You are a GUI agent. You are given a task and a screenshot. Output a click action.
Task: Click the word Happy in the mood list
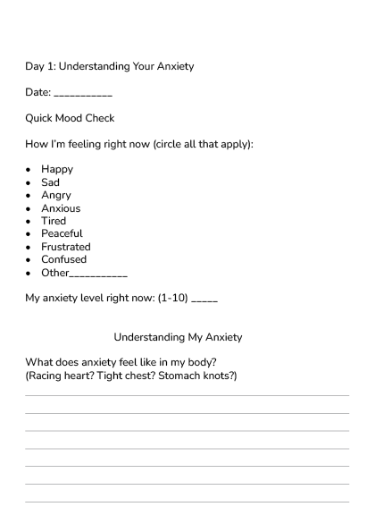click(x=57, y=170)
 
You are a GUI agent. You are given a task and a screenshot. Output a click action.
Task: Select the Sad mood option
click(x=51, y=182)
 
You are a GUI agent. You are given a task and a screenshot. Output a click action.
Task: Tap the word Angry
click(x=56, y=196)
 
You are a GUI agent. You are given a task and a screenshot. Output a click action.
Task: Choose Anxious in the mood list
click(x=61, y=208)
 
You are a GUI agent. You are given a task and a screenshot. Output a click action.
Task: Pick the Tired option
click(x=54, y=222)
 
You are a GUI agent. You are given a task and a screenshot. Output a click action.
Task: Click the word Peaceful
click(x=62, y=234)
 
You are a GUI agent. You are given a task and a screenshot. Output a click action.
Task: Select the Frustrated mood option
click(x=66, y=247)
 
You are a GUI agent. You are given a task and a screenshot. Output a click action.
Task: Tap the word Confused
click(x=63, y=260)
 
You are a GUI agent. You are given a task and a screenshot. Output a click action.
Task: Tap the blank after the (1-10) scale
click(x=204, y=300)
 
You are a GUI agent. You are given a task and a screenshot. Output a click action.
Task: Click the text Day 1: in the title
click(x=39, y=66)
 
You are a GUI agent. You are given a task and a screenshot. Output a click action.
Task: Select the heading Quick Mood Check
click(x=70, y=118)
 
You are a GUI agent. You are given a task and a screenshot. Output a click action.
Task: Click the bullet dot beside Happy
click(x=30, y=170)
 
